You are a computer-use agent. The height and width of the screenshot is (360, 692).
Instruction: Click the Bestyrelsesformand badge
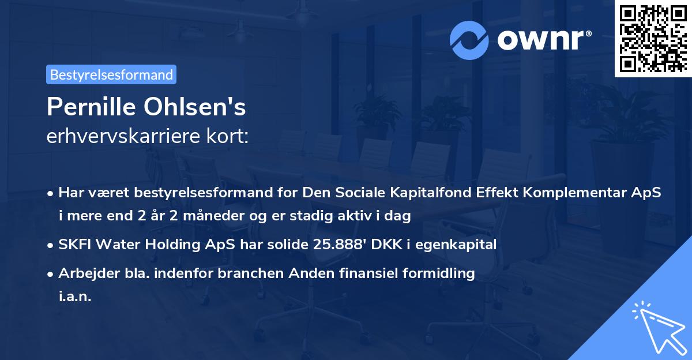click(x=111, y=74)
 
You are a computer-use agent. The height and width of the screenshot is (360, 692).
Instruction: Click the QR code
click(x=652, y=39)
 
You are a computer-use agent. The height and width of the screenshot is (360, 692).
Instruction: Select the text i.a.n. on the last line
click(x=75, y=296)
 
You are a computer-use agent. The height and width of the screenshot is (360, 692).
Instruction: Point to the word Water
click(x=117, y=245)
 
